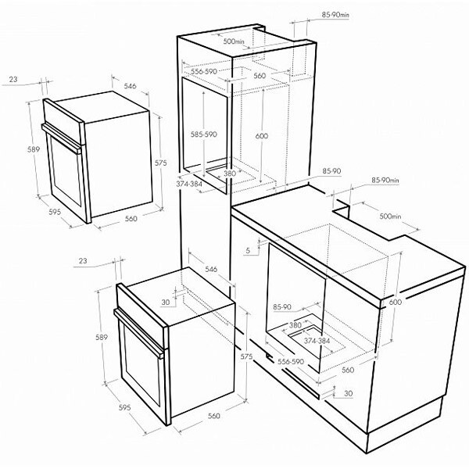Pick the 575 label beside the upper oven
click(x=160, y=163)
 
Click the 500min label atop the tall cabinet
click(x=234, y=40)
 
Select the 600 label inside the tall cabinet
click(x=261, y=135)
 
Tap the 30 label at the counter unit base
click(x=347, y=392)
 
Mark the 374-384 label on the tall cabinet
click(x=189, y=184)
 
